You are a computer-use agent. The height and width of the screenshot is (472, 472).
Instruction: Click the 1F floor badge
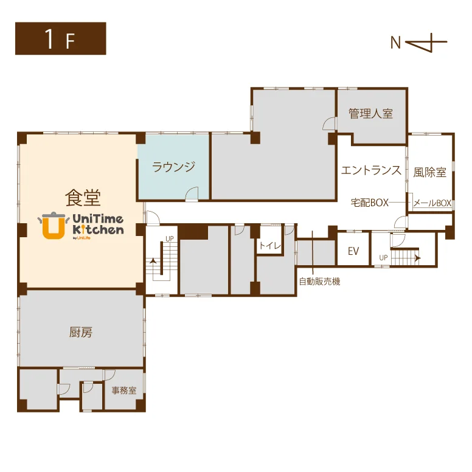[x=60, y=38]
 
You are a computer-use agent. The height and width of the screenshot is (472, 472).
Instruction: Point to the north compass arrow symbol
[x=426, y=43]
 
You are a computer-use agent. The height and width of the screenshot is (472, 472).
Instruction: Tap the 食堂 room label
[x=83, y=198]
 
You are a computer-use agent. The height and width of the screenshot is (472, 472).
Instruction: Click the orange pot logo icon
[x=54, y=226]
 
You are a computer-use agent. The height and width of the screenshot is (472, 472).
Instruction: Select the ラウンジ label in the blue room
[x=174, y=167]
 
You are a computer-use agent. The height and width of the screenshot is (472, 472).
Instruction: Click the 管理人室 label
[x=371, y=114]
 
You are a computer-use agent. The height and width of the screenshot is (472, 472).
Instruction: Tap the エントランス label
[x=371, y=170]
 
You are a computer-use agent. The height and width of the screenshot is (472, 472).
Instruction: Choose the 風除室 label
[x=429, y=173]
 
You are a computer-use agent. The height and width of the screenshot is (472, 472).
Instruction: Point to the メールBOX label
[x=432, y=203]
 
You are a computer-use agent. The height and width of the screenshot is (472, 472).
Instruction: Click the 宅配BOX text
[x=370, y=203]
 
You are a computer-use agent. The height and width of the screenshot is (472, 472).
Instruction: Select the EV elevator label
[x=353, y=251]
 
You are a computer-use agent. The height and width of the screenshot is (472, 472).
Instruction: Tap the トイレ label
[x=269, y=246]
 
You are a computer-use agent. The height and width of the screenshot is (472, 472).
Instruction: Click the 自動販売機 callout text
[x=319, y=282]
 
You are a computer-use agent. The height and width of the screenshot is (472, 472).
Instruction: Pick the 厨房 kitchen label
[x=81, y=332]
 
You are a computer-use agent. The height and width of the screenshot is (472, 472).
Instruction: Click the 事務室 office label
[x=124, y=390]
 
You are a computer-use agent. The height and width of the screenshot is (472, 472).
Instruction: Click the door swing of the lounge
[x=192, y=193]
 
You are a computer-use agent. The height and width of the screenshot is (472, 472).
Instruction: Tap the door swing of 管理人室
[x=329, y=123]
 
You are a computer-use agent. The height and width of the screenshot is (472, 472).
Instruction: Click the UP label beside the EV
[x=383, y=258]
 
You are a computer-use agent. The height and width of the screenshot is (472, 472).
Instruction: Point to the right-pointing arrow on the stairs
[x=417, y=259]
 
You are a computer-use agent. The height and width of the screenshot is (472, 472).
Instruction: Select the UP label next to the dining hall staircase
[x=170, y=238]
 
